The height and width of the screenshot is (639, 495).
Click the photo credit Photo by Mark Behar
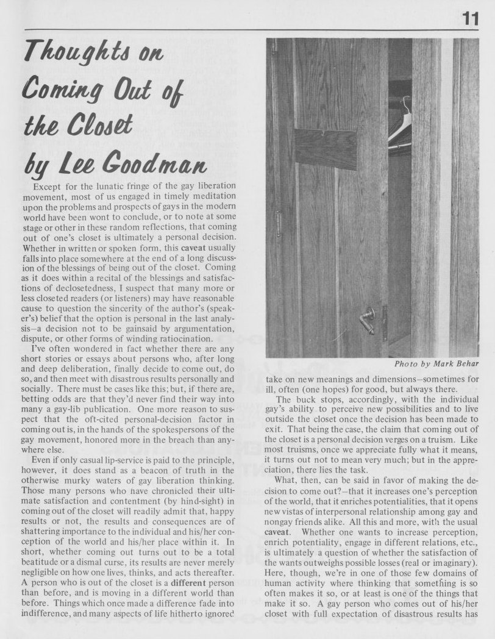[x=435, y=363]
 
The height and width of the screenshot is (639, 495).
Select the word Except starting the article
[x=51, y=185]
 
